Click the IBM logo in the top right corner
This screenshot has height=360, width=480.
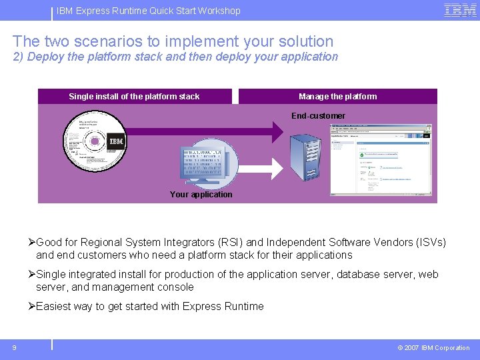point(460,10)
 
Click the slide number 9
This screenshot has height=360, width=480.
point(14,347)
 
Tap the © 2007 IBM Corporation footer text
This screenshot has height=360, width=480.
point(433,347)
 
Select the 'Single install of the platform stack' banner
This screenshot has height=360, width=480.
point(134,97)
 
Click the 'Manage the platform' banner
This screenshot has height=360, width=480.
point(337,97)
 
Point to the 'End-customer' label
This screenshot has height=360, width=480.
point(318,116)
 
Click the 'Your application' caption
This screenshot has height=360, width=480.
point(201,195)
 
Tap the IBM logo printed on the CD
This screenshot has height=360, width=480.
point(116,141)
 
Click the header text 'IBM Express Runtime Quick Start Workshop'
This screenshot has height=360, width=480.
point(149,11)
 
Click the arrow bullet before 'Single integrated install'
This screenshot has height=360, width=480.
point(31,275)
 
